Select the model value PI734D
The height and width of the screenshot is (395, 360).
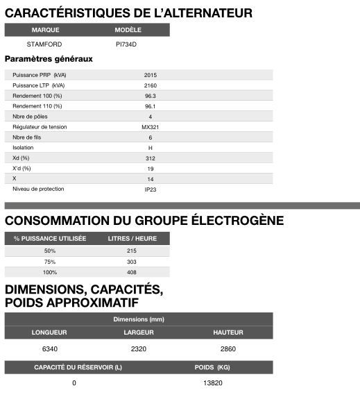(127, 44)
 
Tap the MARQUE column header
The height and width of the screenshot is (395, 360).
(46, 30)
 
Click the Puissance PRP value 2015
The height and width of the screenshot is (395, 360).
(151, 74)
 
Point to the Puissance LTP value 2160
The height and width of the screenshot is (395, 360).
(151, 85)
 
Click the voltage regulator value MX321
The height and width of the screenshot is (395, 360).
(151, 127)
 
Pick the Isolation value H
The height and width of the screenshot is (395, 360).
(151, 148)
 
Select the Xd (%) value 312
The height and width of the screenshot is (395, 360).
(151, 158)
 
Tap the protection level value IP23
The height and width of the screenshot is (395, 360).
(151, 190)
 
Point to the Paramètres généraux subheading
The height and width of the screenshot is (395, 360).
(49, 59)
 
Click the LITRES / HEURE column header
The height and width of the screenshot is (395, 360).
(132, 239)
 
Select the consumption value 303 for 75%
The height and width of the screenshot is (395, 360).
(132, 262)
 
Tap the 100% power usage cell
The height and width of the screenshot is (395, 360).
(50, 272)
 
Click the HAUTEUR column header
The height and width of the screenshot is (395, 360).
(228, 333)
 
